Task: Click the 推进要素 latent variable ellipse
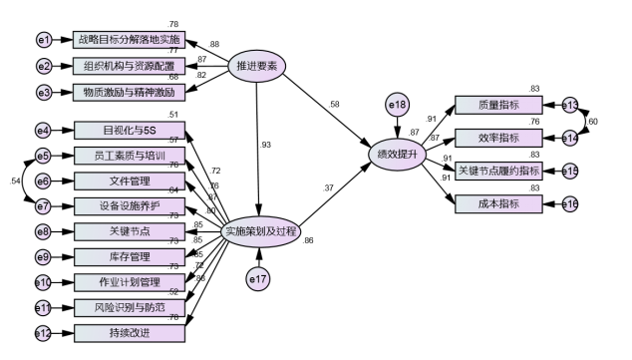click(x=258, y=67)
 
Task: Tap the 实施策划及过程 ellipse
click(x=258, y=230)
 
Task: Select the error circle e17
click(x=258, y=280)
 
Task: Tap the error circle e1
click(x=43, y=40)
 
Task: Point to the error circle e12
click(x=43, y=333)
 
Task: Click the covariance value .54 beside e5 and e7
click(x=15, y=180)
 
